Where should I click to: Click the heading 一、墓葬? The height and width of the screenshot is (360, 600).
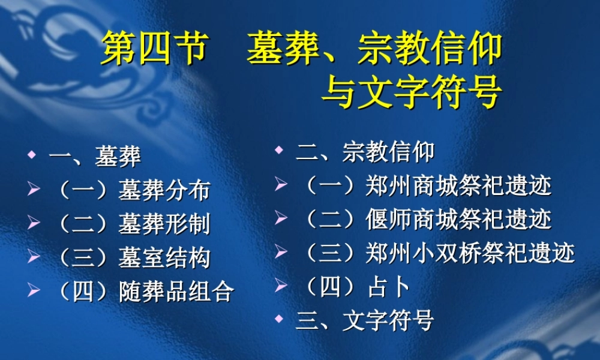[x=95, y=157]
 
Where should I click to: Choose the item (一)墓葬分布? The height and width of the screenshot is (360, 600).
[x=133, y=190]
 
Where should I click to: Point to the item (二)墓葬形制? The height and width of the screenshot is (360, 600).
[x=133, y=224]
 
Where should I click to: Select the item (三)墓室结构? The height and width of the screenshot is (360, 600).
[x=133, y=257]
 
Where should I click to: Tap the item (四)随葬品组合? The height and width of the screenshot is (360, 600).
[x=144, y=292]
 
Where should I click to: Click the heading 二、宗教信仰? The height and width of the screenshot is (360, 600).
[x=365, y=152]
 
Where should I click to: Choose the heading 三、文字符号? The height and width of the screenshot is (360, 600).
[x=365, y=320]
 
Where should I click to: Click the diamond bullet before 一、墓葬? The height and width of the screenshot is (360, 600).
[x=31, y=156]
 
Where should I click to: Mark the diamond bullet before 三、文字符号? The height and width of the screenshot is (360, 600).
[x=278, y=319]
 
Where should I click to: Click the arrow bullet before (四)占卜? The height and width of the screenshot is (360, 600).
[x=280, y=286]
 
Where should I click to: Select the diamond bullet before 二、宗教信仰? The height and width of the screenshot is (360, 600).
[x=278, y=151]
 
